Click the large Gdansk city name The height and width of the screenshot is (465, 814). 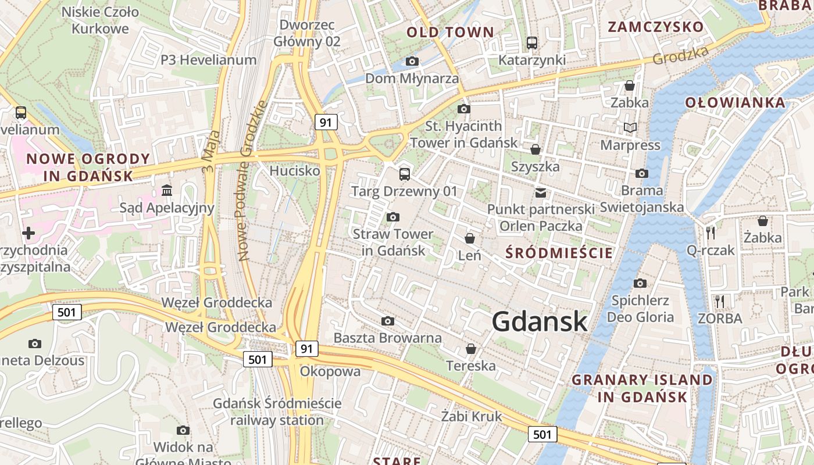[x=540, y=321]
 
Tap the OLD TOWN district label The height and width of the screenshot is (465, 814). [x=450, y=32]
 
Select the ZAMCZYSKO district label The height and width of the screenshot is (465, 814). [x=655, y=27]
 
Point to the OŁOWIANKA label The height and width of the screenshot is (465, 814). [x=735, y=103]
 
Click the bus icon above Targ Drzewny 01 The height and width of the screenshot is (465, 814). [x=404, y=174]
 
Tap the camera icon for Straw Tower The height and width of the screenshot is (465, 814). [x=393, y=217]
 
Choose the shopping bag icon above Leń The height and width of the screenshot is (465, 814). [x=470, y=238]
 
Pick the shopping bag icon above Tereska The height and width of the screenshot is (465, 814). [x=471, y=349]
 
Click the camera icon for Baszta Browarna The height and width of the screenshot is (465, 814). [x=388, y=321]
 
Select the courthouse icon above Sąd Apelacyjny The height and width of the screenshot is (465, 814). [x=167, y=191]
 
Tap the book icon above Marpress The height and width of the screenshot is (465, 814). [x=630, y=127]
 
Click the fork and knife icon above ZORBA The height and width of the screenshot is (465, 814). [x=720, y=301]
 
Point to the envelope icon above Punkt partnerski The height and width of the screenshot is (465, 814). [x=541, y=192]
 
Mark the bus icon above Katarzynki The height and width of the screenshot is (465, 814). [x=532, y=42]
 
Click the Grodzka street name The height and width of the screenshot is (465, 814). [x=680, y=56]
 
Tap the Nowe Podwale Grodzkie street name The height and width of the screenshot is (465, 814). [x=251, y=180]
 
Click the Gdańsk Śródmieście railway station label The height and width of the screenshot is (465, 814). [x=277, y=412]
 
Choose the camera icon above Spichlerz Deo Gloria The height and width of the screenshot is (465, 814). [x=640, y=284]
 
